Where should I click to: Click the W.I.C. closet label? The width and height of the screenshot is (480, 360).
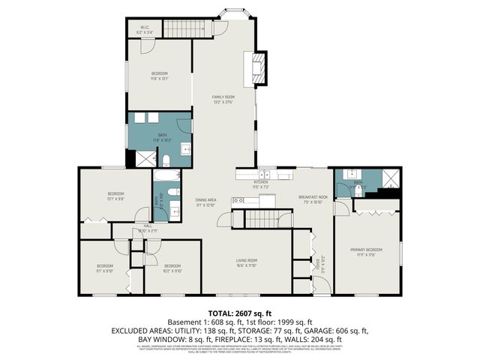tap(145, 31)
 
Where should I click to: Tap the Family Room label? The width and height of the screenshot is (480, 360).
tap(223, 99)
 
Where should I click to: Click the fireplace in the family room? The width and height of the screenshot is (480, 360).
tap(259, 66)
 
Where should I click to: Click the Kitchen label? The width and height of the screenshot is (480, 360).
tap(260, 184)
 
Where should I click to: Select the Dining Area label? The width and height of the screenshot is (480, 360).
tap(205, 202)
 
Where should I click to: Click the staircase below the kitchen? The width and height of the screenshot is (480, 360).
tap(260, 219)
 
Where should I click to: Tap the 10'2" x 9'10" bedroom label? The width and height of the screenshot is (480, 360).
tap(172, 268)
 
